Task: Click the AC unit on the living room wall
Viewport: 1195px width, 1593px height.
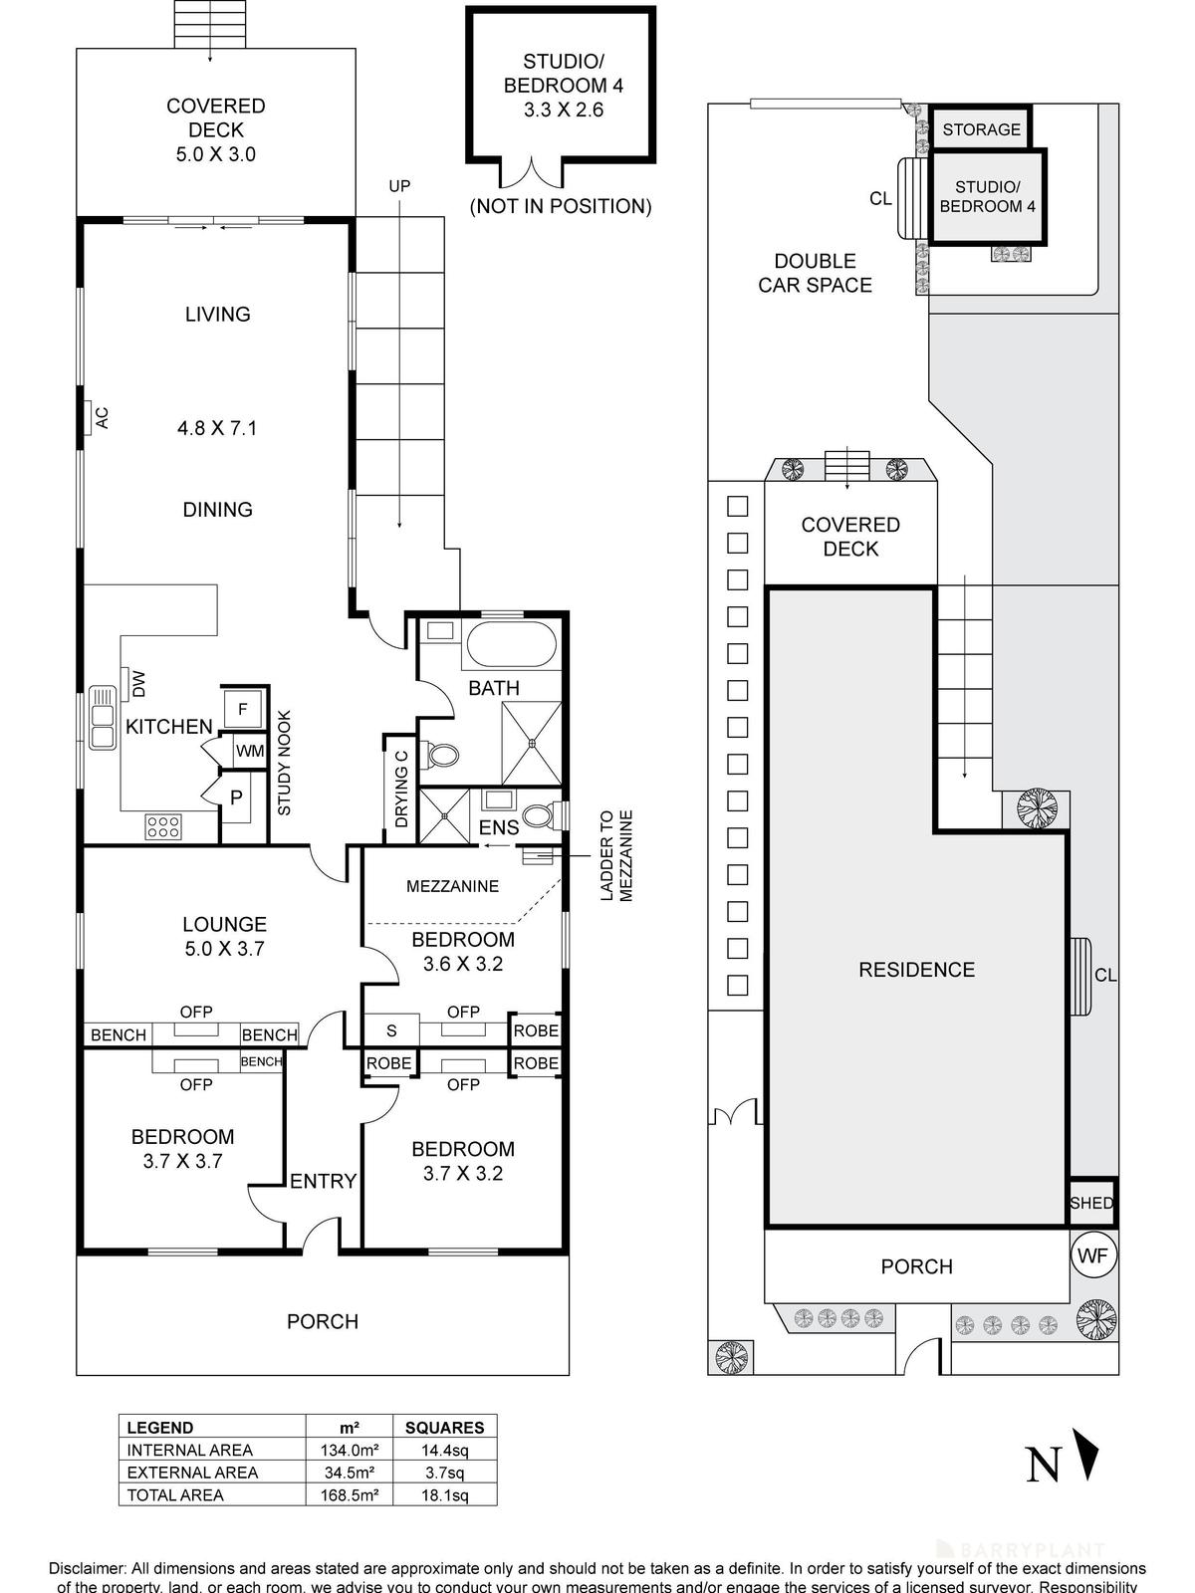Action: click(x=97, y=419)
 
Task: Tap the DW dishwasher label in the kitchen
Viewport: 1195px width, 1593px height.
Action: click(x=139, y=683)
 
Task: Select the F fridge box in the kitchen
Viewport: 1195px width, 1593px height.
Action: click(x=242, y=709)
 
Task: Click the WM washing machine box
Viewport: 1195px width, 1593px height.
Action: click(x=249, y=751)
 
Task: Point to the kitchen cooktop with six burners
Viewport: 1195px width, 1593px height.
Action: click(x=163, y=825)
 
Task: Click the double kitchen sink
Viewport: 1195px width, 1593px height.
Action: click(x=103, y=717)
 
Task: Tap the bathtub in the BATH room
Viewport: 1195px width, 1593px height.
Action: click(x=510, y=645)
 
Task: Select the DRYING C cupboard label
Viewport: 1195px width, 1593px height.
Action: click(x=400, y=788)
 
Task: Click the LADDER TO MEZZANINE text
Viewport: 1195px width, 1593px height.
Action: click(x=617, y=856)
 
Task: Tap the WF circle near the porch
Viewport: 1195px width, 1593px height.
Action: click(x=1092, y=1256)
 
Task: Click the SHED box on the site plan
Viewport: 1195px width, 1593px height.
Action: click(x=1091, y=1203)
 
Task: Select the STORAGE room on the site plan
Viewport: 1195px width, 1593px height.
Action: click(x=981, y=129)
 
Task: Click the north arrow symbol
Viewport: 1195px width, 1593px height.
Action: click(x=1089, y=1455)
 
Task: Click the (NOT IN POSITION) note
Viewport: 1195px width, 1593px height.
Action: click(x=560, y=206)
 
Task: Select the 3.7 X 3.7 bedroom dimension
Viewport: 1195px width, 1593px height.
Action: click(x=183, y=1161)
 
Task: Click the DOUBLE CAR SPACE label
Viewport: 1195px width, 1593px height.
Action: click(x=815, y=273)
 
